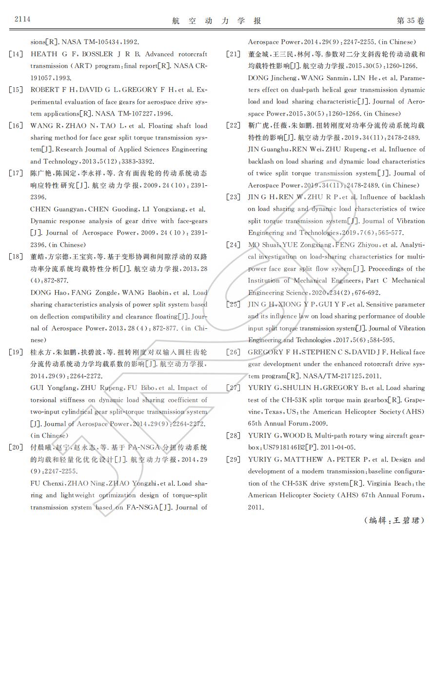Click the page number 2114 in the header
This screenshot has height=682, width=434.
coord(22,19)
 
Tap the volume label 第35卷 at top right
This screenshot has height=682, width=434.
coord(411,20)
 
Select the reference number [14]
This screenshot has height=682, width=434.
coord(16,54)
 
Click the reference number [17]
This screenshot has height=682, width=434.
coord(16,173)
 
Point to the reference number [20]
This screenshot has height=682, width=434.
coord(16,447)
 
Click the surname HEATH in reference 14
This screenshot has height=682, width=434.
coord(43,54)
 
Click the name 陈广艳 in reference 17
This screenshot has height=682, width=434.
coord(41,173)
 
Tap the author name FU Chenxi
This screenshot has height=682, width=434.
coord(48,483)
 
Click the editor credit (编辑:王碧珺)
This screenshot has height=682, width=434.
coord(394,520)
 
